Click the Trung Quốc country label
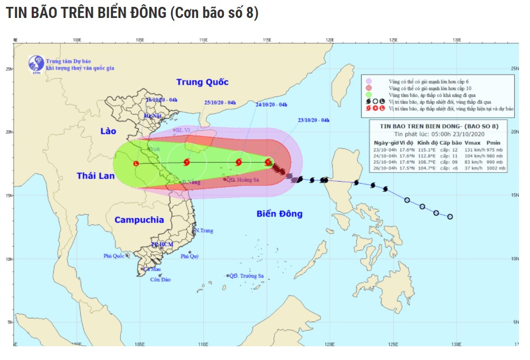click(202, 82)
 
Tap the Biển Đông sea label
click(279, 214)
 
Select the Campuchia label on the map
click(139, 220)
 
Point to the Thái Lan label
click(95, 176)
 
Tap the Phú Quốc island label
click(113, 256)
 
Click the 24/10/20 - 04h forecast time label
click(271, 105)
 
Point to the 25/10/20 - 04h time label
click(220, 102)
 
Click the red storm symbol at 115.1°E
click(268, 163)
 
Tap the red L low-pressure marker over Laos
click(136, 164)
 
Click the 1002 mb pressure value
click(496, 168)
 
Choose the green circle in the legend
click(369, 94)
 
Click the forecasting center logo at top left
click(36, 63)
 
